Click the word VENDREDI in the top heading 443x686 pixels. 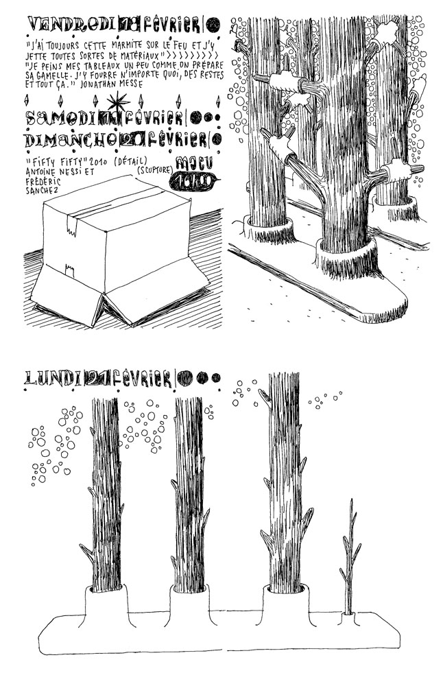(x=60, y=25)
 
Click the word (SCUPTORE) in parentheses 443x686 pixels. (x=156, y=169)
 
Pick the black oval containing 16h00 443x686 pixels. (x=197, y=180)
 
